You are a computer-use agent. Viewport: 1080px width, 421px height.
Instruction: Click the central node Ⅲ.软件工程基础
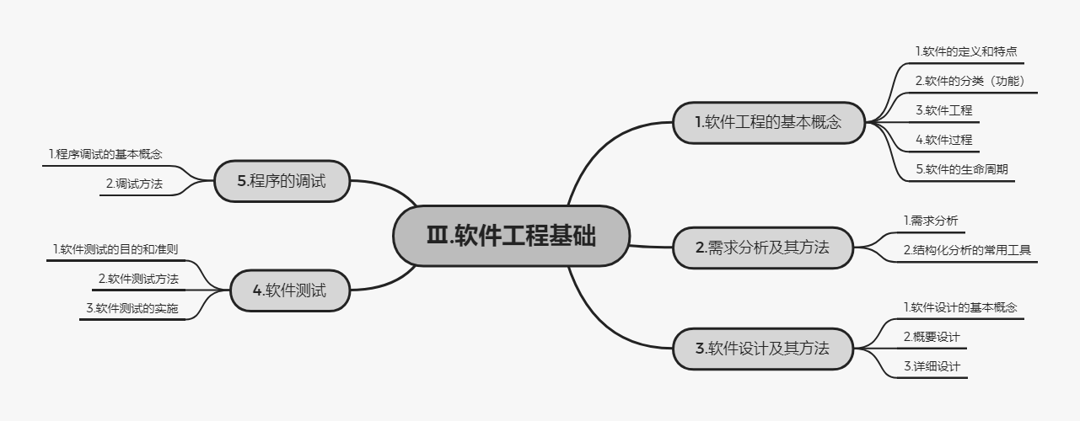[x=511, y=237]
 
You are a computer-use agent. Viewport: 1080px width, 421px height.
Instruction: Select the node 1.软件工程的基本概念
[x=768, y=122]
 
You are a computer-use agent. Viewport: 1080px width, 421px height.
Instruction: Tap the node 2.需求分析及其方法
[x=762, y=248]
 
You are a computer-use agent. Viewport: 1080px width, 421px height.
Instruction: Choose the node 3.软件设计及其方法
[x=762, y=348]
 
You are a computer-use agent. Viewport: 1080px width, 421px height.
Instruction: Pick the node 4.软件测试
[x=289, y=291]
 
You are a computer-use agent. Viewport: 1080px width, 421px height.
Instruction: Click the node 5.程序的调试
[x=282, y=181]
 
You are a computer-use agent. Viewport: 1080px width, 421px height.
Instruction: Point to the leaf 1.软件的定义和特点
[x=959, y=52]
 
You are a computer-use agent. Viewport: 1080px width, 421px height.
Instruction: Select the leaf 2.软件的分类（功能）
[x=970, y=82]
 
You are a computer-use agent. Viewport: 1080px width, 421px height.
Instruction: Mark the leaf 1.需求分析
[x=931, y=221]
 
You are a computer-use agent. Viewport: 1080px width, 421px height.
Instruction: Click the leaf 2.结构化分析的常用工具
[x=967, y=250]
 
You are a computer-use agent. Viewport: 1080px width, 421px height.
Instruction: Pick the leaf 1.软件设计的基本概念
[x=960, y=307]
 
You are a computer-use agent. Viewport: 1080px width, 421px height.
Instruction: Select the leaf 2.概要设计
[x=932, y=337]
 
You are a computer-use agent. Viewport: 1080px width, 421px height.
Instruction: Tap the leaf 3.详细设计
[x=932, y=366]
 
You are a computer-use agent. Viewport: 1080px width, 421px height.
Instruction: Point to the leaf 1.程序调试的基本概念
[x=105, y=154]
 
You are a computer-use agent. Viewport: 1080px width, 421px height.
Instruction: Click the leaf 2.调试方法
[x=134, y=184]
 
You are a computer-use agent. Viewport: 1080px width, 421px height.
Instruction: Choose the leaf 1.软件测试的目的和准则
[x=115, y=249]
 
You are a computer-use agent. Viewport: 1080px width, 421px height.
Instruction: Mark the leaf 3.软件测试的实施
[x=132, y=308]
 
